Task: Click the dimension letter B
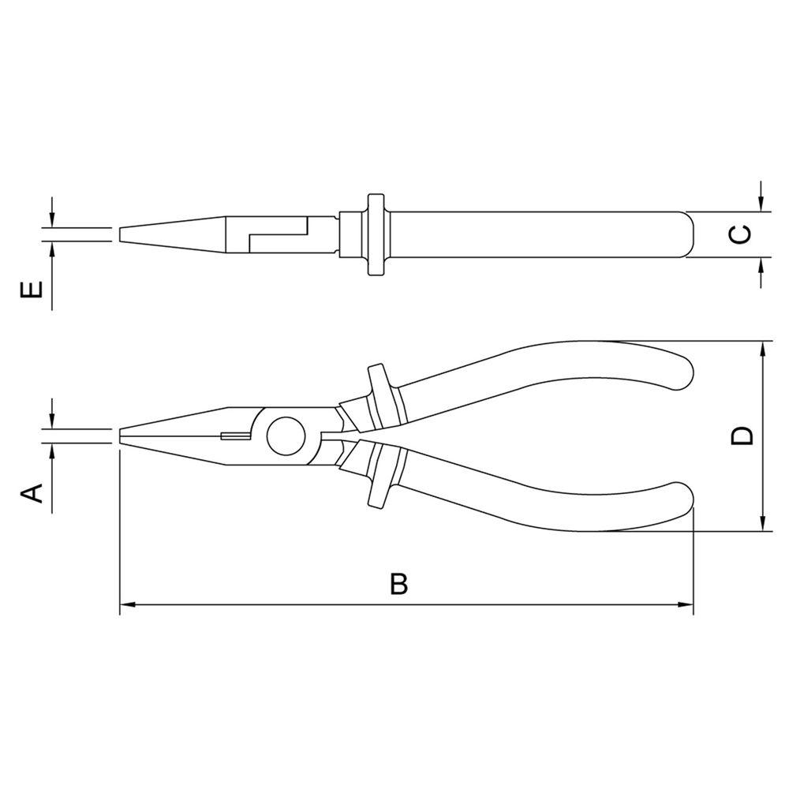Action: tap(399, 585)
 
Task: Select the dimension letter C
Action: tap(736, 234)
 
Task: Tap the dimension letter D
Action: tap(741, 435)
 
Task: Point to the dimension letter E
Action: tap(30, 291)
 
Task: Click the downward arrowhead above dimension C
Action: tap(760, 204)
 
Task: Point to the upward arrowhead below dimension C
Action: tap(760, 264)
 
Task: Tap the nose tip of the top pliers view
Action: tap(121, 234)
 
